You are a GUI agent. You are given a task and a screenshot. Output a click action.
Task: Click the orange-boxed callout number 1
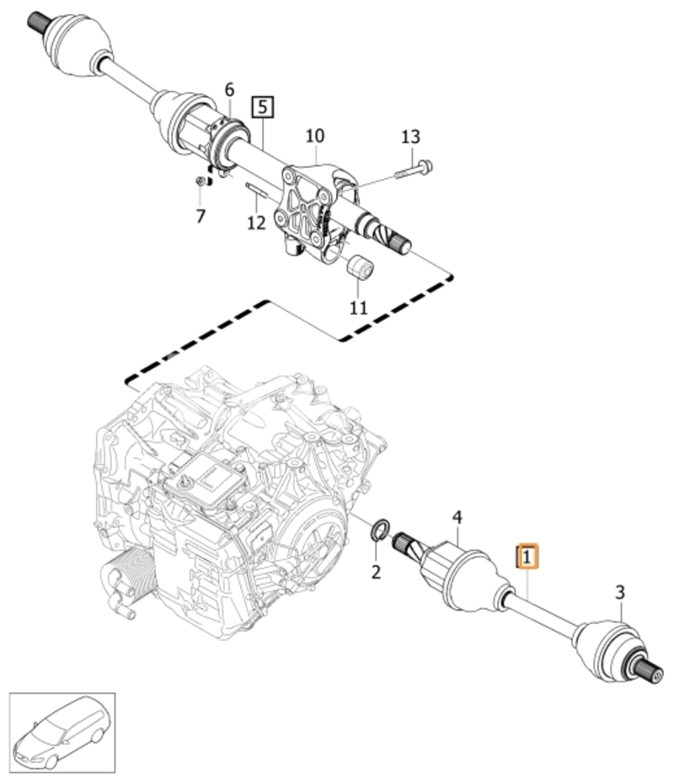527,557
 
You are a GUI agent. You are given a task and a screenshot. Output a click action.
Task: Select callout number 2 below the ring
376,572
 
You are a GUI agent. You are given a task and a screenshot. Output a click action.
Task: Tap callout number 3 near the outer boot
620,593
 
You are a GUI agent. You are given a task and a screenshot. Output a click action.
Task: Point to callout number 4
457,518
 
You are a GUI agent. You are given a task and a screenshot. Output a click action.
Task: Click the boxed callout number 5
263,106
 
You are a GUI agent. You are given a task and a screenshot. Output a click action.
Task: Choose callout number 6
229,89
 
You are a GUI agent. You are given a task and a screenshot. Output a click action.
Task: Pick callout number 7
201,216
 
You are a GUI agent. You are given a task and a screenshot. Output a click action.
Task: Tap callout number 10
315,136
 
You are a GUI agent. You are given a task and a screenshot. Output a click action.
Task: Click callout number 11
358,308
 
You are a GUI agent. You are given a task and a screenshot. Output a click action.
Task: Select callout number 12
257,222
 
